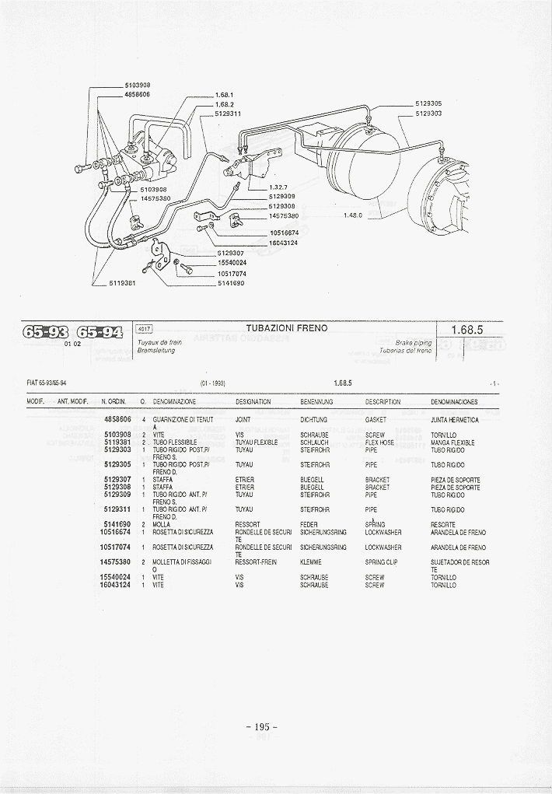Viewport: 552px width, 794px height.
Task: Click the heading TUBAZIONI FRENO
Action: (x=287, y=328)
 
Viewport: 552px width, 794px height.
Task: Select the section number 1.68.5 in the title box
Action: (x=468, y=330)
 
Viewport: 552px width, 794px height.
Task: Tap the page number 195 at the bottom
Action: (x=262, y=726)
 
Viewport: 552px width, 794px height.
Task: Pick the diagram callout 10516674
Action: (x=284, y=233)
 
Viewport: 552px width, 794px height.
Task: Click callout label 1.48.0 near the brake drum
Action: (x=354, y=215)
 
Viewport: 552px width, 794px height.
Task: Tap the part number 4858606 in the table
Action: (x=117, y=420)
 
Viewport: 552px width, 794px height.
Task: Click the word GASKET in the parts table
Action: (x=376, y=420)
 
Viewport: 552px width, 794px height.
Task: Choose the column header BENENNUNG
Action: (x=316, y=402)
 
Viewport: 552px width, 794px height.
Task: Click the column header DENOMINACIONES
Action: (x=454, y=402)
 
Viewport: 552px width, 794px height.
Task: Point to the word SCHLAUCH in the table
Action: (x=315, y=442)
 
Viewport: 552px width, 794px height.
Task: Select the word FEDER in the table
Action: (x=309, y=525)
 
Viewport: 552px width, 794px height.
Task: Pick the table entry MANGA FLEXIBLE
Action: (x=452, y=442)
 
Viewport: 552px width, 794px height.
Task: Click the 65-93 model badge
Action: (x=46, y=332)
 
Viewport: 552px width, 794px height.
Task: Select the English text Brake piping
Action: (x=413, y=342)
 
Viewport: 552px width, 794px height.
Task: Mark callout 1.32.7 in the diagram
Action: (x=279, y=187)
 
